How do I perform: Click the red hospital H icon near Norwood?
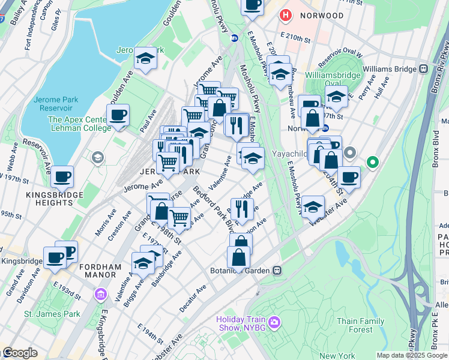[286, 15]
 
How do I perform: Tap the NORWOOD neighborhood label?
[322, 16]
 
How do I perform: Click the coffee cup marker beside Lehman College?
[118, 115]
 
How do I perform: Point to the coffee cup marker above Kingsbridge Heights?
[62, 177]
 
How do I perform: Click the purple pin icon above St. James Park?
[100, 295]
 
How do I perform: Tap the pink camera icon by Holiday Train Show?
[274, 323]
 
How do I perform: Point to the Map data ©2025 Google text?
[412, 355]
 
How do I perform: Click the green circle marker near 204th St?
[373, 161]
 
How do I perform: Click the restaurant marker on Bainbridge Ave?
[242, 209]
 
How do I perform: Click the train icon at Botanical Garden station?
[277, 271]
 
